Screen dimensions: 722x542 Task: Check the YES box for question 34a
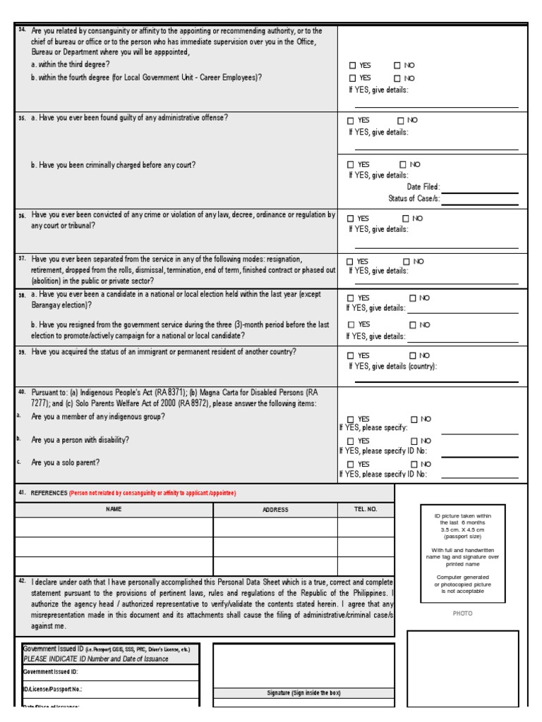(351, 66)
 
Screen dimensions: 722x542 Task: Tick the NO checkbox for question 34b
(397, 78)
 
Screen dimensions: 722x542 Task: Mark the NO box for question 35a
(401, 121)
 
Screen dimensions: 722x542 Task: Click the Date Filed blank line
(479, 188)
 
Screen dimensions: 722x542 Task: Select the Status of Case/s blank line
(479, 200)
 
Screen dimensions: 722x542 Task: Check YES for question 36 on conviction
(351, 219)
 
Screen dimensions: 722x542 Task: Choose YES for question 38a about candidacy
(351, 298)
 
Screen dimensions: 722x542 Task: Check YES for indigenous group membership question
(351, 420)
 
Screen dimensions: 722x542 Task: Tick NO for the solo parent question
(414, 464)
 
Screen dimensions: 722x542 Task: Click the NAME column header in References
(114, 508)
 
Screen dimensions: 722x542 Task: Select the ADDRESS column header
(275, 509)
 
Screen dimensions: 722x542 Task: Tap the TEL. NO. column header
(366, 508)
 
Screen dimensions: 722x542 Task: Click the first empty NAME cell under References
(114, 527)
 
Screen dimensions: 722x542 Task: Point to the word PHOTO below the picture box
(462, 613)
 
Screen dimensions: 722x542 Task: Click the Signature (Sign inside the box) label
(303, 693)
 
